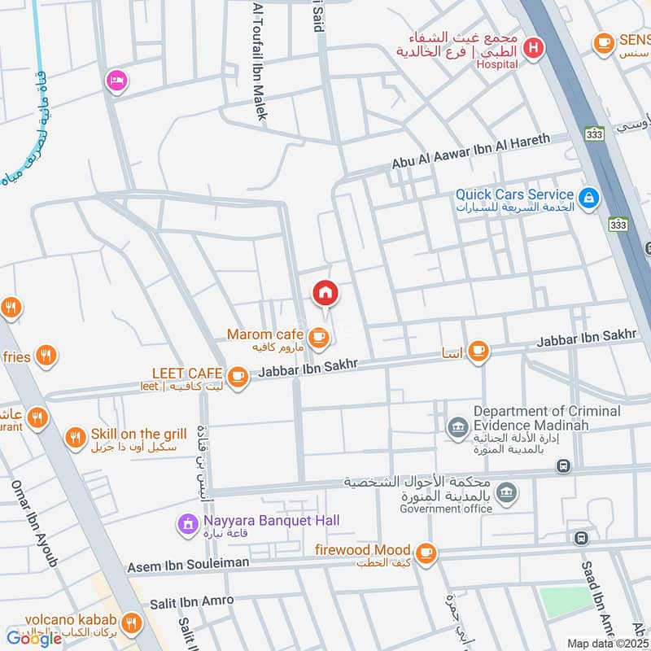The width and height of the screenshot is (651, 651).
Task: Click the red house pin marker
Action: coord(325,292)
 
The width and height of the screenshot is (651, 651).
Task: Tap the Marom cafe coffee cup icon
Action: coord(318,335)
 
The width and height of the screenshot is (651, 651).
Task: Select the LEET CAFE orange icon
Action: coord(237,375)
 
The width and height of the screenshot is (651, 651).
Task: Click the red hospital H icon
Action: coord(533,47)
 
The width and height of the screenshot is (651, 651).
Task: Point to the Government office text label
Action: coord(445,509)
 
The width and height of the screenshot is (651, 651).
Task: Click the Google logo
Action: coord(34,638)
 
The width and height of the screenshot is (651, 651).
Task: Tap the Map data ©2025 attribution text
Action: coord(608,644)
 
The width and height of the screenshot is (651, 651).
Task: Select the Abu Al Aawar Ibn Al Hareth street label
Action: coord(470,151)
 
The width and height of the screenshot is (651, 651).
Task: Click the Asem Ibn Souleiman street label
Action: coord(188,564)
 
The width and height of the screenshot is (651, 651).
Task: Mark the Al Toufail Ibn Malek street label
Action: coord(260,61)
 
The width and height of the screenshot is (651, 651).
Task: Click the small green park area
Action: coord(567,601)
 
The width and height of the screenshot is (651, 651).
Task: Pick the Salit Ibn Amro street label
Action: coord(191,601)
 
